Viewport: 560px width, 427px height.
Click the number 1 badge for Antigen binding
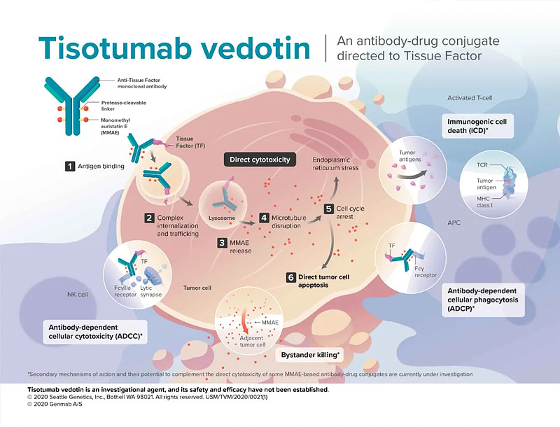click(70, 167)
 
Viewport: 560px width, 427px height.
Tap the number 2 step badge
click(149, 218)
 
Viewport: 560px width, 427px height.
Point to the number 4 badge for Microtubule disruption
click(265, 218)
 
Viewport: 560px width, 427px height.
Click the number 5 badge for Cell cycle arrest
click(328, 209)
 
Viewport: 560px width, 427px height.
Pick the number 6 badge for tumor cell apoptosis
click(290, 277)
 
